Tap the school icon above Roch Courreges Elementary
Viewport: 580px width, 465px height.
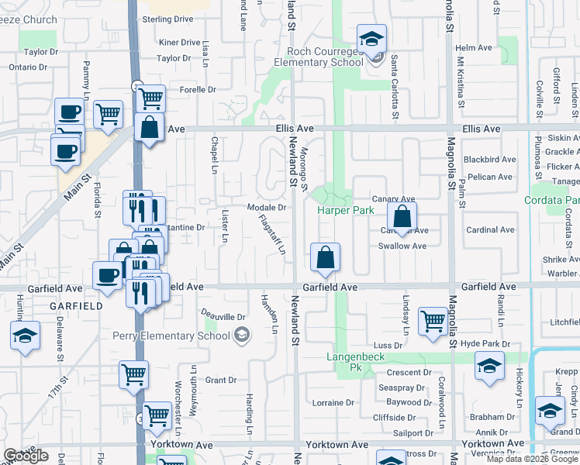tap(371, 39)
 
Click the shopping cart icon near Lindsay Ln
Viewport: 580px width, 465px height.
tap(432, 320)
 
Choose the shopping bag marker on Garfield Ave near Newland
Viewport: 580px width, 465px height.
tap(325, 257)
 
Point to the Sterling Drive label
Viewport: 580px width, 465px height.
tap(167, 19)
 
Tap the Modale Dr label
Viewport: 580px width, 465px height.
tap(267, 208)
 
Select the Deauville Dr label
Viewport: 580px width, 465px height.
tap(223, 316)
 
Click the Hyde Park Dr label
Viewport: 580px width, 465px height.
tap(485, 343)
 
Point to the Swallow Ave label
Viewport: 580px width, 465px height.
tap(402, 246)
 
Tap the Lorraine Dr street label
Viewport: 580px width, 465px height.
tap(333, 403)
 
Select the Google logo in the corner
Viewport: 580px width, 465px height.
tap(26, 456)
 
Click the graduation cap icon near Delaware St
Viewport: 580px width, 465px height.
tap(25, 336)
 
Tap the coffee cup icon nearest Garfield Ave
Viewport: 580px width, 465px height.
tap(107, 274)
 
